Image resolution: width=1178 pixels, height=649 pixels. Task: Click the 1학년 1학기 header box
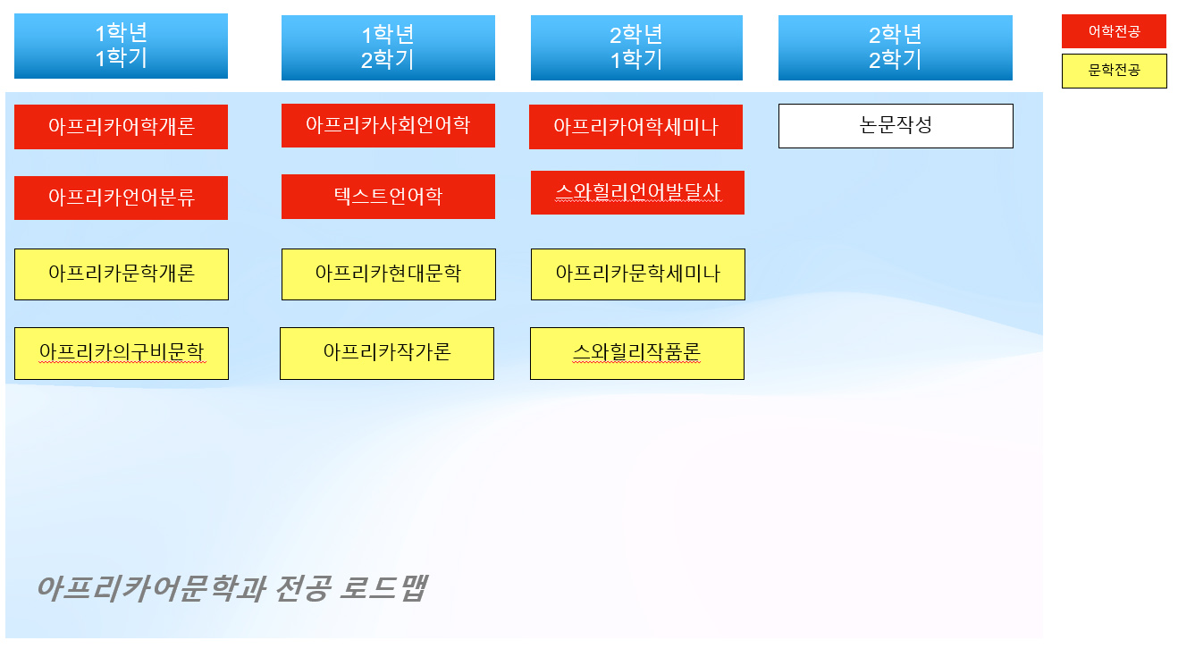click(121, 46)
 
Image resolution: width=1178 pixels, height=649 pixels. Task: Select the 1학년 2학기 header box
click(388, 47)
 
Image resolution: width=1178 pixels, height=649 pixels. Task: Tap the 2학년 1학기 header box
click(636, 47)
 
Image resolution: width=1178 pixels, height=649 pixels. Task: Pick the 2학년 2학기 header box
click(895, 47)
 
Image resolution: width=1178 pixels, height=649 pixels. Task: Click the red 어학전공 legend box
click(1114, 31)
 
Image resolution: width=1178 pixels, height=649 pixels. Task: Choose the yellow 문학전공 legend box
click(1114, 71)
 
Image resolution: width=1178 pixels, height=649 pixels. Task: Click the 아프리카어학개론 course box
click(121, 127)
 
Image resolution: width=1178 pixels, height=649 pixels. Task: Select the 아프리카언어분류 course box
click(121, 198)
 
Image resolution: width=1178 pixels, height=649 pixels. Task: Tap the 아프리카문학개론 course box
click(122, 274)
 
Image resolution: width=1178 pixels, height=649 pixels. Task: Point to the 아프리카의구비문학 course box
click(122, 353)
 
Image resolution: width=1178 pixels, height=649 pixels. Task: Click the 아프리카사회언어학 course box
click(388, 125)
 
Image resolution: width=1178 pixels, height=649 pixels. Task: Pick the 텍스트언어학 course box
click(388, 196)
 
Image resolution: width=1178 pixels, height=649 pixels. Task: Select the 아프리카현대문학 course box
click(389, 274)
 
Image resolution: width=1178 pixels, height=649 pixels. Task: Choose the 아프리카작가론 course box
click(387, 353)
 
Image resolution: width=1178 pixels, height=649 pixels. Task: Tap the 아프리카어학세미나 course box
click(635, 127)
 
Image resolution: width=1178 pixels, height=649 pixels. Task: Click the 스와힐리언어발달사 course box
click(637, 192)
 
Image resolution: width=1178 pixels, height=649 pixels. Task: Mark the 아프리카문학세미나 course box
click(638, 274)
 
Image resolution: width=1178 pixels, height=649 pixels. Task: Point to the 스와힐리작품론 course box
click(637, 353)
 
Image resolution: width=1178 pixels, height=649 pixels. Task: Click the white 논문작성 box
click(896, 126)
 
